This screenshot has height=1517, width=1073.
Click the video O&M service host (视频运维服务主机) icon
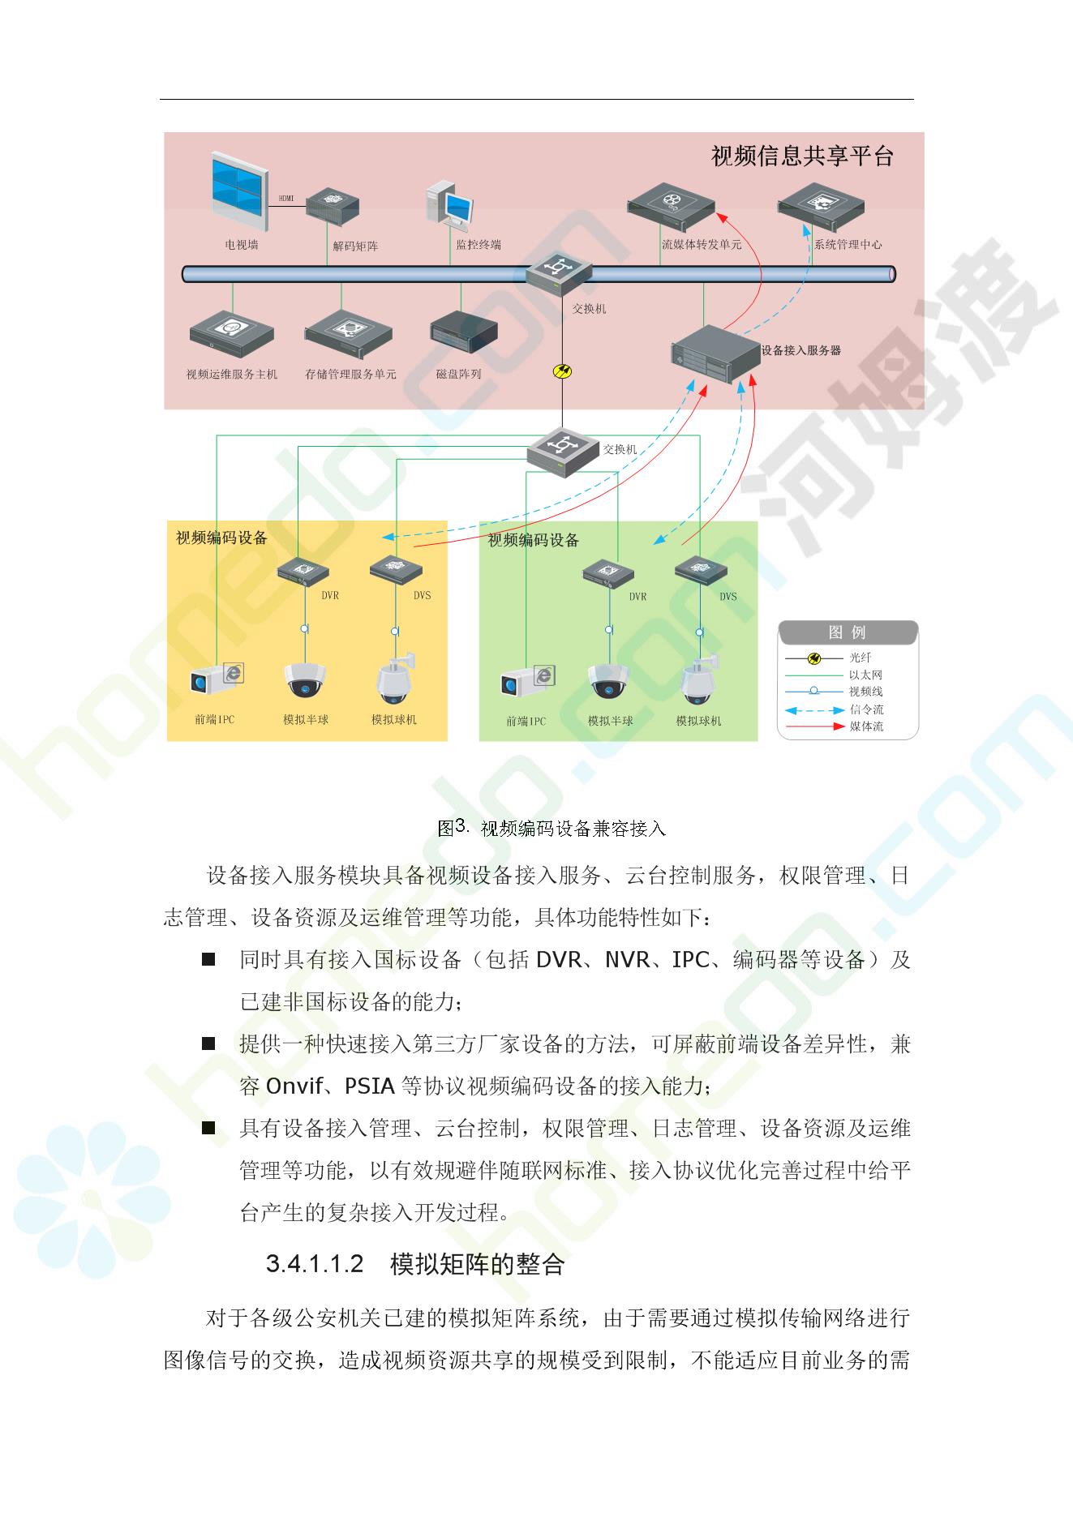231,334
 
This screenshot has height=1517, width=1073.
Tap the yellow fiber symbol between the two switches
562,372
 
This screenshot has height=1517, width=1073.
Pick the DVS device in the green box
701,570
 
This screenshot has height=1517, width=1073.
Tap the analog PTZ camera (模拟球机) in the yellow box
395,679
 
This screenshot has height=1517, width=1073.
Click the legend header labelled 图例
847,632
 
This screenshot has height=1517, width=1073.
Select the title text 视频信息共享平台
802,156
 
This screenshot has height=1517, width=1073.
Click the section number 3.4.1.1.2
314,1264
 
